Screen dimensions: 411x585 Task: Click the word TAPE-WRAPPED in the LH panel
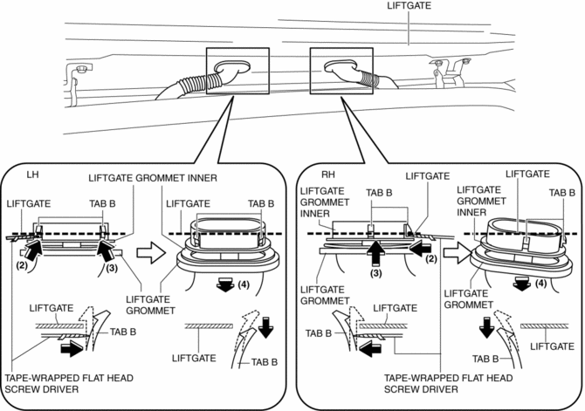[x=37, y=376]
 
